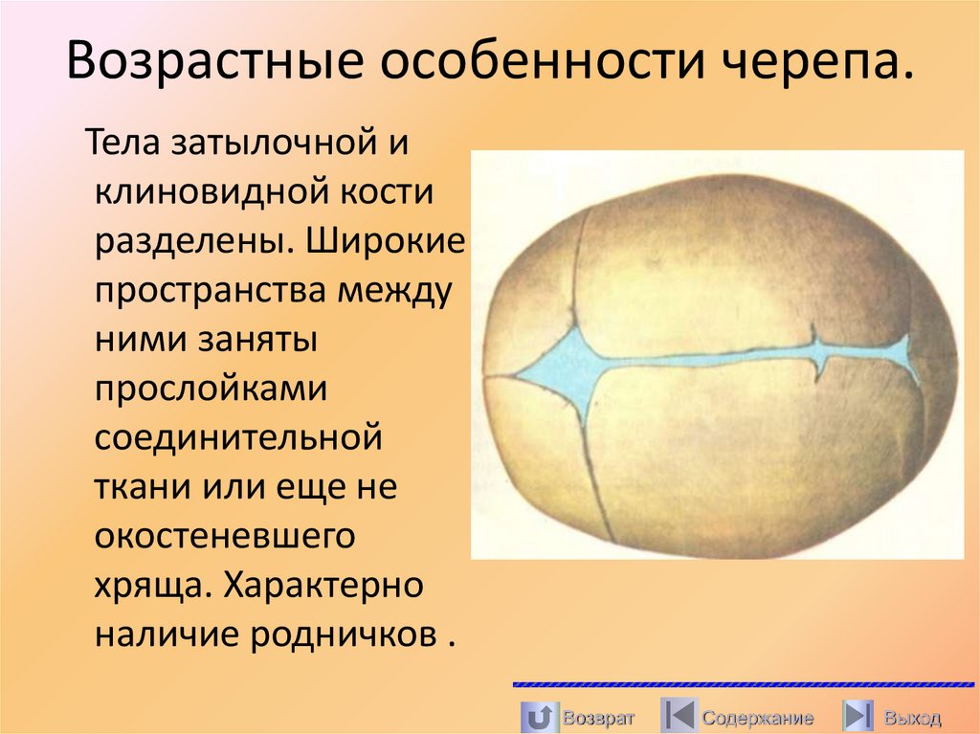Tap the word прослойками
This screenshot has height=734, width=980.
click(212, 390)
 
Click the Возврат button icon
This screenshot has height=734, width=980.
click(539, 716)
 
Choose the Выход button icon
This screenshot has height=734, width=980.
click(857, 716)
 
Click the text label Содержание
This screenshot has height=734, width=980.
click(757, 717)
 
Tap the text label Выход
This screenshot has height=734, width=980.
click(912, 717)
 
